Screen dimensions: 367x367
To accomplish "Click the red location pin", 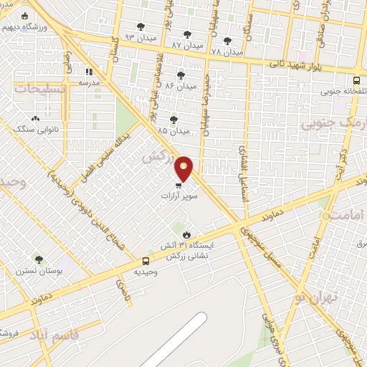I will (x=184, y=168).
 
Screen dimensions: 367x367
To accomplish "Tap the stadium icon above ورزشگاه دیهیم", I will (x=25, y=16).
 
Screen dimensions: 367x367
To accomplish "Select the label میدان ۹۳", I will (x=139, y=37).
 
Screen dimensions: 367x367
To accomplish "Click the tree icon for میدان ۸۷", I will (x=188, y=34).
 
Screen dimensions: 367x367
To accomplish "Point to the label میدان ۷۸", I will (x=228, y=52).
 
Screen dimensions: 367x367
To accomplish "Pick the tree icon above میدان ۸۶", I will (x=180, y=74).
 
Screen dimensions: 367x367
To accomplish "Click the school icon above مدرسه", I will (x=90, y=72).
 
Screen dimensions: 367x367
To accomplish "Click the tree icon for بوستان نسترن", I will (x=39, y=259).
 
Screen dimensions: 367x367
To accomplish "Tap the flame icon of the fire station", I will (x=186, y=234).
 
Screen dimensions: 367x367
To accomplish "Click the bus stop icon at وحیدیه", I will (x=146, y=262).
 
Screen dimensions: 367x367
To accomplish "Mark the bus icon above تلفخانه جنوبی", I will (x=357, y=80).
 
